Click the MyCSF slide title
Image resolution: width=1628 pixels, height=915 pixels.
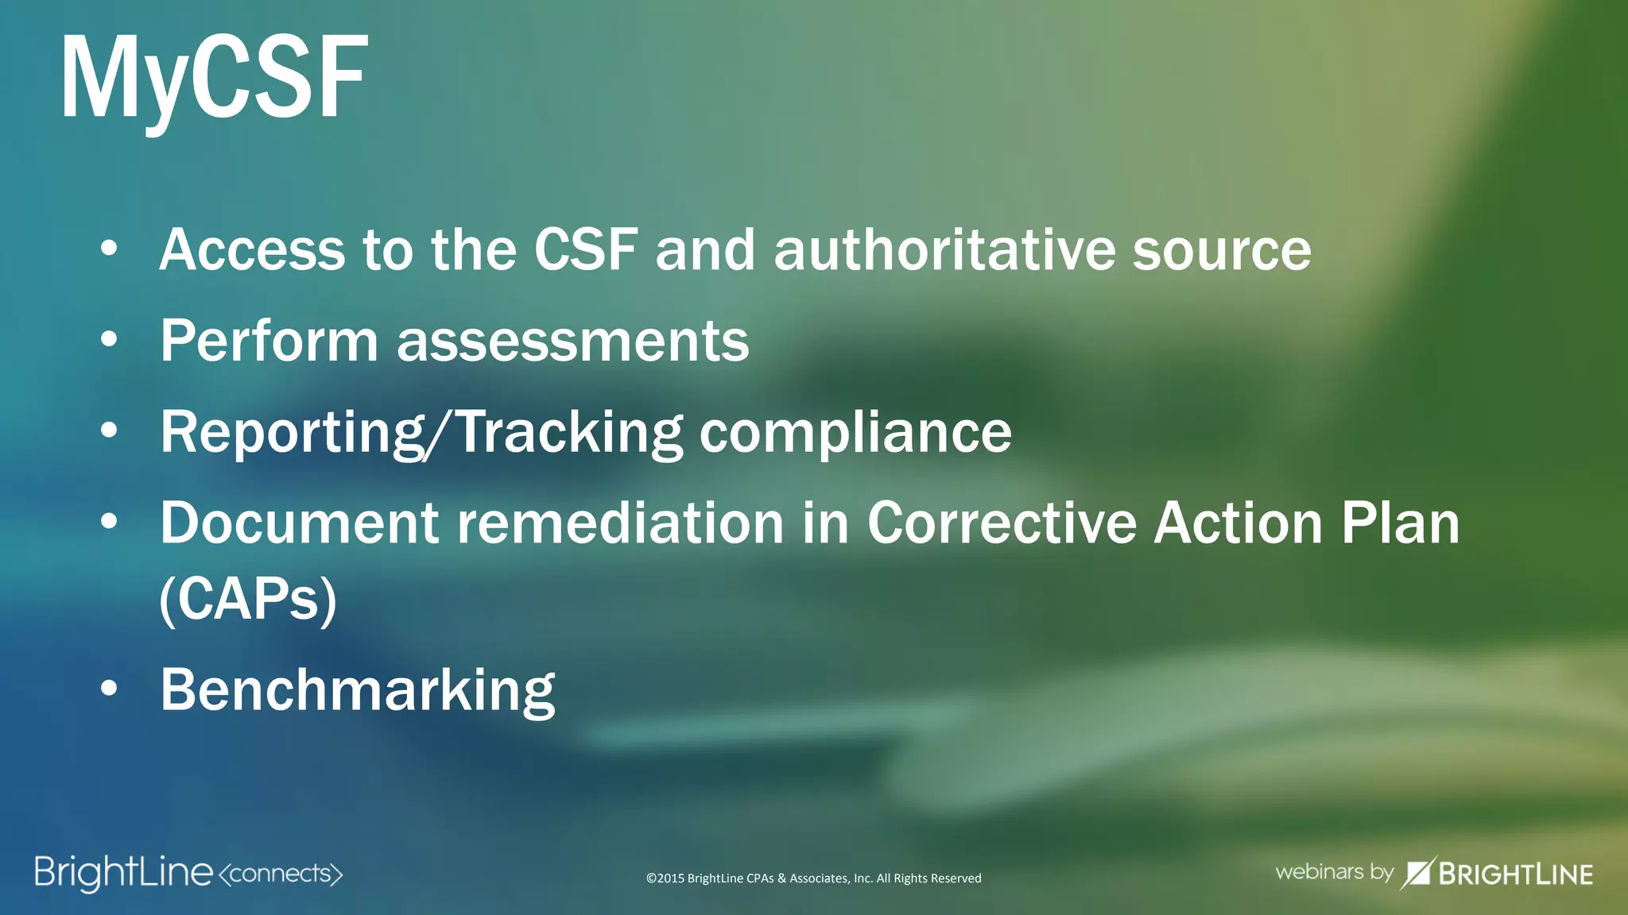[x=214, y=77]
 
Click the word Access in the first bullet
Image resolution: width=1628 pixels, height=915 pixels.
[x=252, y=250]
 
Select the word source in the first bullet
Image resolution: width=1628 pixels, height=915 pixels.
[x=1222, y=250]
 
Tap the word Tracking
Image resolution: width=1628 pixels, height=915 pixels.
[x=570, y=433]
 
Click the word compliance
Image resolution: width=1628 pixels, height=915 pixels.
[x=855, y=433]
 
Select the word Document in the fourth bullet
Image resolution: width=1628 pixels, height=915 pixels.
[x=300, y=523]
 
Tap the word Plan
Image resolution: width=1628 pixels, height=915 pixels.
[x=1401, y=523]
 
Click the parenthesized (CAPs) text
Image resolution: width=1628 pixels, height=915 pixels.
[x=248, y=600]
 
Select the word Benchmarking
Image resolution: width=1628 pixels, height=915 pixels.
[x=358, y=690]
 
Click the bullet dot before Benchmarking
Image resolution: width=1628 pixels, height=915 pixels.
[x=110, y=689]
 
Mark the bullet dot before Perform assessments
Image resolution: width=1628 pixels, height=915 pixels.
[x=110, y=340]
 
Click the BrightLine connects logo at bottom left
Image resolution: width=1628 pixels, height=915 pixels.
[x=188, y=873]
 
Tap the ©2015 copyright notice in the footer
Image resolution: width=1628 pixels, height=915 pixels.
[x=813, y=878]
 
